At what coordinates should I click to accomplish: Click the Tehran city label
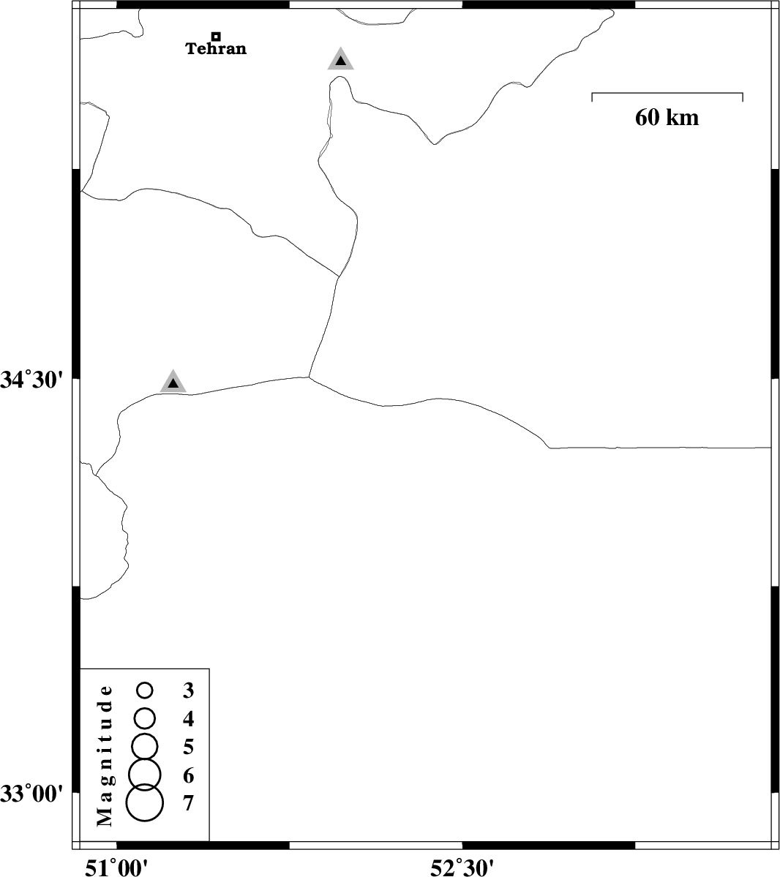click(x=216, y=49)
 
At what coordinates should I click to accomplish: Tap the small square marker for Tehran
click(x=216, y=36)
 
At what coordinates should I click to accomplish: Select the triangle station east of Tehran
click(x=341, y=59)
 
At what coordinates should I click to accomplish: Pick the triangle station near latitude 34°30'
click(x=173, y=382)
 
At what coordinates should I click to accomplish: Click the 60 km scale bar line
click(x=667, y=94)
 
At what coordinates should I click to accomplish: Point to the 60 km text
click(x=667, y=118)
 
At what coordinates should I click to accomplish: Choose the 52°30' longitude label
click(x=462, y=867)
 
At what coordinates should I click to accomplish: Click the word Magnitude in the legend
click(x=105, y=756)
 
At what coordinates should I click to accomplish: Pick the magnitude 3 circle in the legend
click(x=145, y=690)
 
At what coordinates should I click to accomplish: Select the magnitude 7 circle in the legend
click(x=145, y=802)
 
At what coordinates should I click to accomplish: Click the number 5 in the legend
click(x=188, y=747)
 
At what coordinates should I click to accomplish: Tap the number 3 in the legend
click(x=188, y=690)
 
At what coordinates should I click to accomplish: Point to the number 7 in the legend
click(x=188, y=803)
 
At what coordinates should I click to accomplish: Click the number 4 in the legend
click(x=188, y=718)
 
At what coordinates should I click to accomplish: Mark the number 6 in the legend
click(x=188, y=775)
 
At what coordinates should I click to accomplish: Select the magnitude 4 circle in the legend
click(x=145, y=718)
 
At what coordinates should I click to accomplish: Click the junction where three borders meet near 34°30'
click(x=309, y=377)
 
